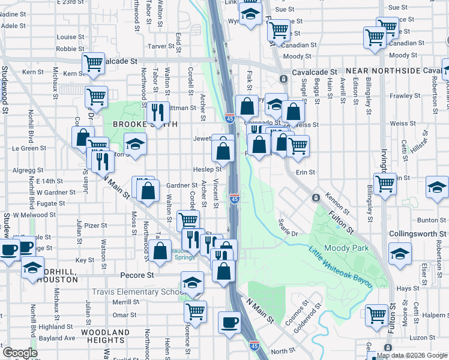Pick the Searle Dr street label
(288, 227)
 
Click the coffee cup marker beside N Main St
(229, 323)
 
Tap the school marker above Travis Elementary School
(192, 282)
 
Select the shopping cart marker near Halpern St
(377, 314)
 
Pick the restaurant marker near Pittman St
(157, 112)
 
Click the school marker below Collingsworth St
(399, 253)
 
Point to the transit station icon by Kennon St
(315, 197)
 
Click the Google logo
(20, 353)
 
